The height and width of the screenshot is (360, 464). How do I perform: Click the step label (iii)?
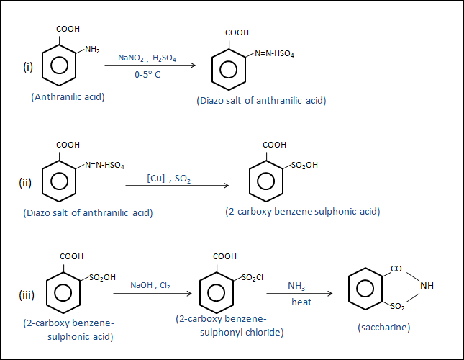27,295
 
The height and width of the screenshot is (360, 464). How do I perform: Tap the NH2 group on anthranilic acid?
93,49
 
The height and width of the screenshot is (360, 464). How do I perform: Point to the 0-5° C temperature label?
147,74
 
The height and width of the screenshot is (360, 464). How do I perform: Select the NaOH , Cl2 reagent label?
151,285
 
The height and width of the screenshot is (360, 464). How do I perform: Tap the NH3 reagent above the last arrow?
296,286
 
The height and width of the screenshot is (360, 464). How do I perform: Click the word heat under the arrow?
301,302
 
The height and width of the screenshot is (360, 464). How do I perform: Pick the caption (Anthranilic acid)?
68,96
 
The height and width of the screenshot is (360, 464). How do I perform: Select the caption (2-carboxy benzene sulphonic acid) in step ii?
302,212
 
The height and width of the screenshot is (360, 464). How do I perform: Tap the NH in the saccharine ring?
427,286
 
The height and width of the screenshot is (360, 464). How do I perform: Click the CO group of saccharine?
396,268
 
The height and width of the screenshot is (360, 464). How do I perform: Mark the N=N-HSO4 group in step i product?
274,54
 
